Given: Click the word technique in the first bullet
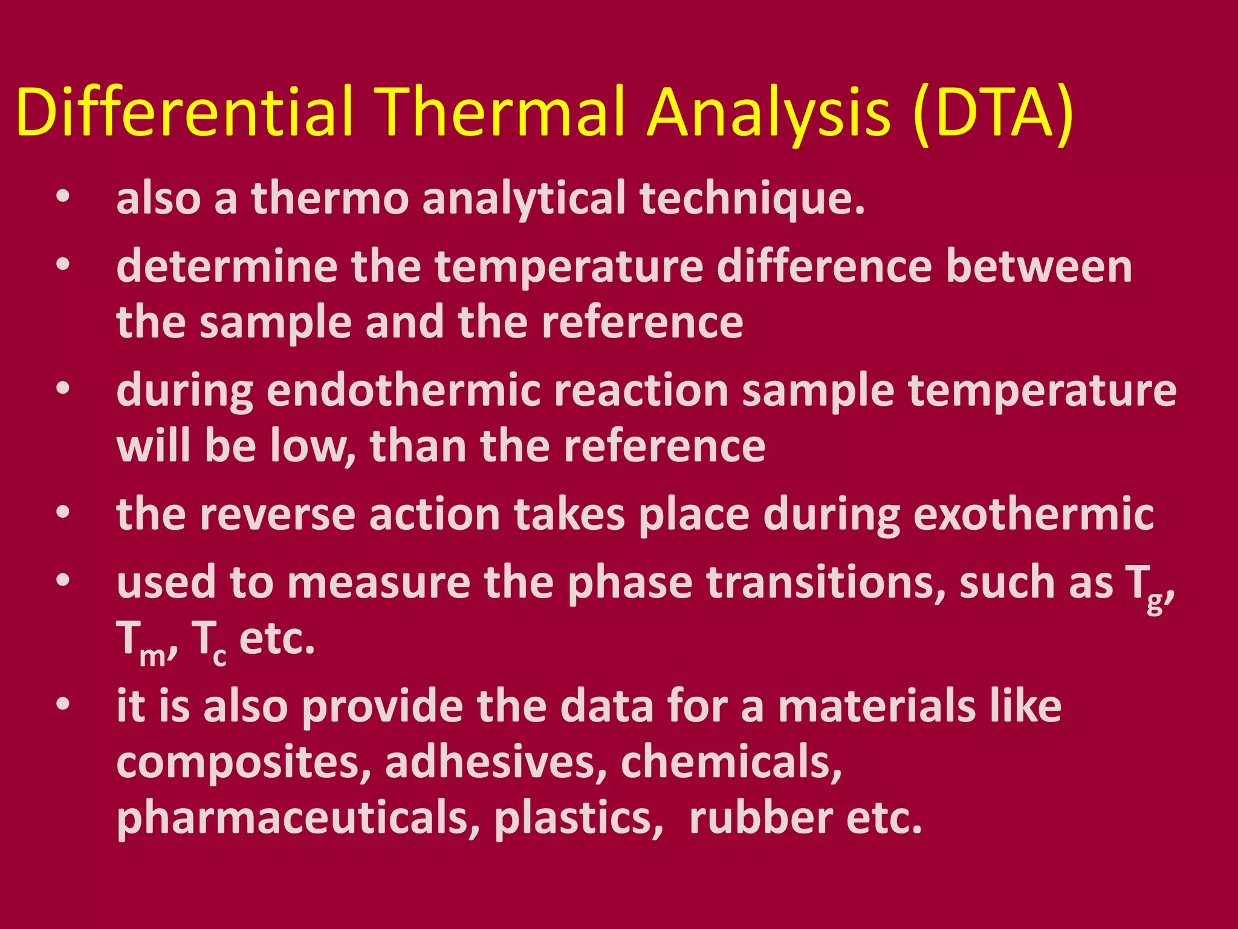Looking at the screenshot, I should (x=753, y=199).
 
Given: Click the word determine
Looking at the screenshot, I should (x=227, y=267).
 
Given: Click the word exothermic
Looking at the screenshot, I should (x=1033, y=515).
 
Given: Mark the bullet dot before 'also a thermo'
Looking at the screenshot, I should (x=63, y=197).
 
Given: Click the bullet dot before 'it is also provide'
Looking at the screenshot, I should (x=63, y=704).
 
